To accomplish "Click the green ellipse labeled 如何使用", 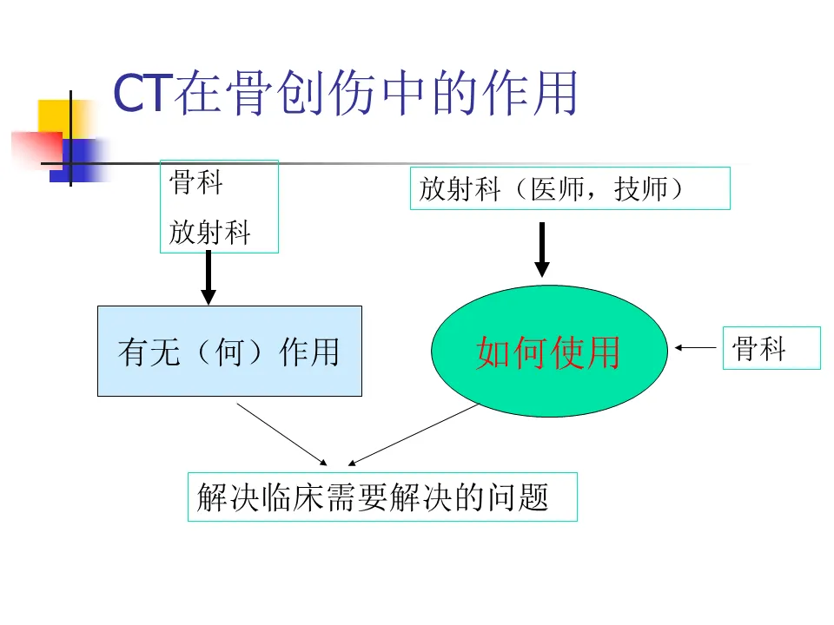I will (549, 352).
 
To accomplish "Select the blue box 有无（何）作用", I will (229, 352).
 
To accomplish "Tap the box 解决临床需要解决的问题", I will (382, 497).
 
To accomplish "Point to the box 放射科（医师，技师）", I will (570, 188).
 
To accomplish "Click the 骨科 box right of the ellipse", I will (771, 348).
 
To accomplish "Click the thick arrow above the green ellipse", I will (541, 250).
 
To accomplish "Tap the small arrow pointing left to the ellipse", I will (695, 348).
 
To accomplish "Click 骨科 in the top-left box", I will (196, 183).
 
